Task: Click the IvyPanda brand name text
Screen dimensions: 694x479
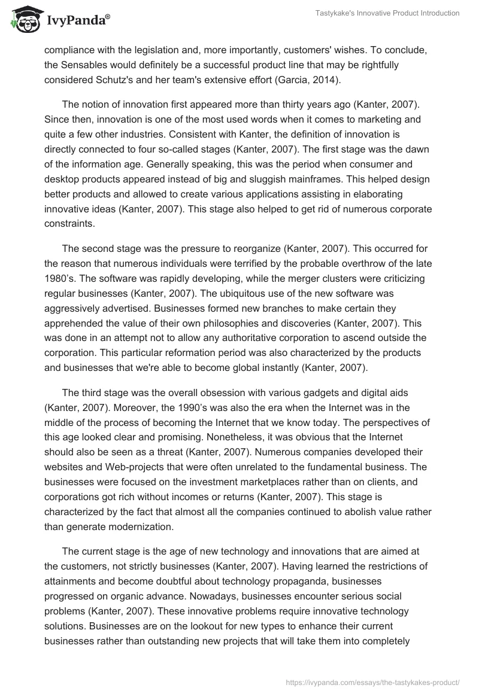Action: [x=76, y=22]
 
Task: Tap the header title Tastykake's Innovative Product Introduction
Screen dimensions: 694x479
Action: [x=387, y=13]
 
